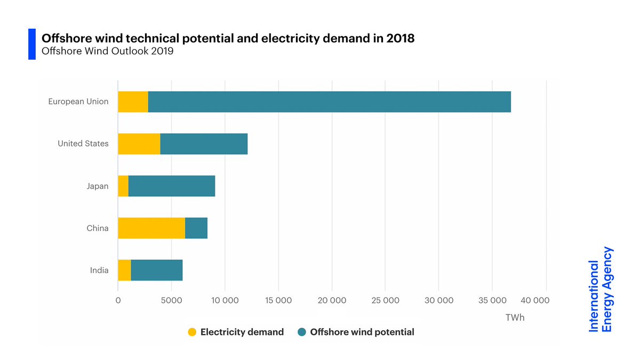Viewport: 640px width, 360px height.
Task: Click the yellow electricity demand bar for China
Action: pos(151,228)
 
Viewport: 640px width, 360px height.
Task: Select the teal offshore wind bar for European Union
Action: pos(329,102)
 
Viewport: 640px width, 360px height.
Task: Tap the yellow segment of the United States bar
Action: pos(139,144)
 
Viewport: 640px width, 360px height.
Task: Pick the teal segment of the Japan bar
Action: pos(172,186)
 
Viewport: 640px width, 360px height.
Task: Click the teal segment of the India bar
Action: pos(157,270)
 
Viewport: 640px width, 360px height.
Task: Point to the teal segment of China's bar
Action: pos(196,228)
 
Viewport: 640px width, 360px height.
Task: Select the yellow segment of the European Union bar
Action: pos(133,102)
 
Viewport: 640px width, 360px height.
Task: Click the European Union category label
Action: pos(78,101)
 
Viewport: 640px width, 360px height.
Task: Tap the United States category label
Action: pos(83,143)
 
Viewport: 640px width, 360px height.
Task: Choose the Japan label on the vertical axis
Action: pos(97,186)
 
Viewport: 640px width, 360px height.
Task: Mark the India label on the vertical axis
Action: pos(99,270)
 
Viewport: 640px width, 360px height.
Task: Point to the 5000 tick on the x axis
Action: pos(171,301)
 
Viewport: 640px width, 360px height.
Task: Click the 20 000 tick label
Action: pos(332,301)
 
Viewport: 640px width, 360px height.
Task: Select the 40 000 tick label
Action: pos(534,301)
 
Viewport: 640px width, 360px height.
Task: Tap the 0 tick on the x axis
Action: pos(118,301)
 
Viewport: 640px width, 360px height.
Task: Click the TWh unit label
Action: pos(515,318)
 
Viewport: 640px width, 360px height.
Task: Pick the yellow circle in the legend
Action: pos(192,332)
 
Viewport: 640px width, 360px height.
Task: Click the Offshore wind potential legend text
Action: pos(362,332)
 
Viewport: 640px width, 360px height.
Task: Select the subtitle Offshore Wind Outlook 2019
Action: pos(107,52)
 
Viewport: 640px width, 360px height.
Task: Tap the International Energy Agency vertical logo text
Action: pos(601,290)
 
